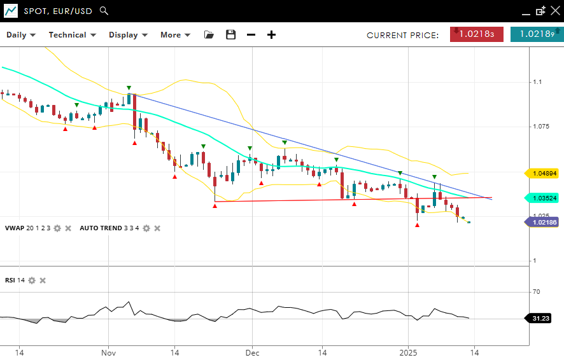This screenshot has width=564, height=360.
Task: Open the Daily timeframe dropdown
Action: click(21, 35)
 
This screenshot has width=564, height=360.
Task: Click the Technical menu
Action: click(72, 35)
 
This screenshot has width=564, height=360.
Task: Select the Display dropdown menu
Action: click(128, 35)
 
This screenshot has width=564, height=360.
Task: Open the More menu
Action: click(175, 35)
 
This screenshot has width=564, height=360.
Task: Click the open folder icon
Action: click(209, 35)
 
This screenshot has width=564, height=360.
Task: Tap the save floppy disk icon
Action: click(230, 35)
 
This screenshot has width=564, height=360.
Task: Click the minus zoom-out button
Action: click(251, 35)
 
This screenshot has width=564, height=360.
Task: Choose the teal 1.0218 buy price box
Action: click(537, 34)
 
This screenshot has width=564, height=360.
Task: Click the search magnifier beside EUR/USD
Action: click(104, 11)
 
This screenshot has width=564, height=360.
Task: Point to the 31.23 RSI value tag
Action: click(540, 318)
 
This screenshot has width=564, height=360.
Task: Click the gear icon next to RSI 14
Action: click(32, 280)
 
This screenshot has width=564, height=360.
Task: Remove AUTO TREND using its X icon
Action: click(157, 228)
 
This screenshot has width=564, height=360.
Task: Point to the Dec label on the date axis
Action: click(252, 352)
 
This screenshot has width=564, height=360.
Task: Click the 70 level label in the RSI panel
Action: click(536, 292)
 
